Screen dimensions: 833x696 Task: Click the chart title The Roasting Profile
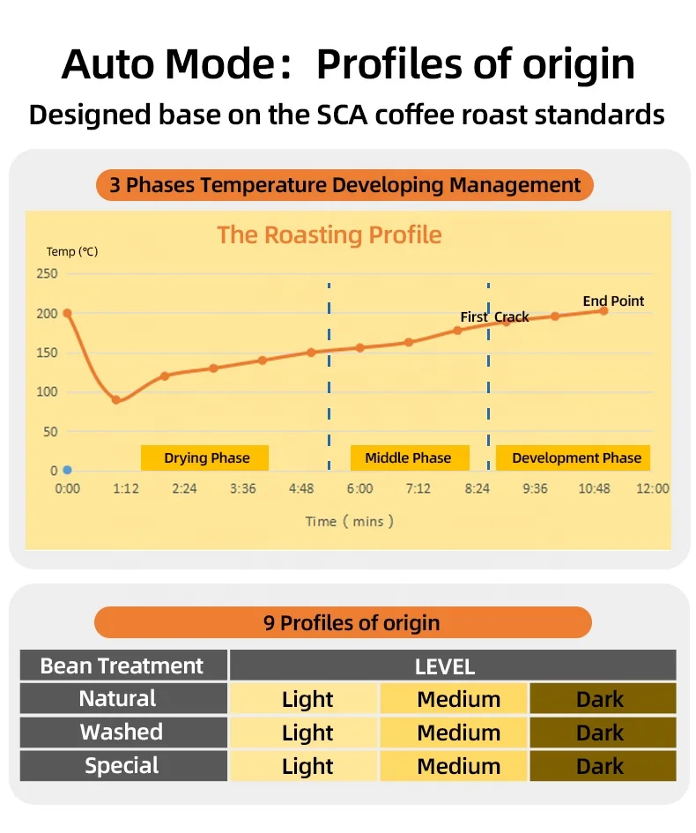329,234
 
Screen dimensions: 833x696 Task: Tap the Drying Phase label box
205,457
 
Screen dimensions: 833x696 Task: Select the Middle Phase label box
407,457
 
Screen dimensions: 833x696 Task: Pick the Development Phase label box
575,457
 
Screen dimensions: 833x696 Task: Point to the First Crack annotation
494,316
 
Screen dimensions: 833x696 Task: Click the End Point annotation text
613,301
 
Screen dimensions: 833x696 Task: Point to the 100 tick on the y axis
48,391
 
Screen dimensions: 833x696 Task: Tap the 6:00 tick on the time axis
359,488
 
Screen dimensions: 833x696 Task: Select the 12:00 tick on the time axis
652,488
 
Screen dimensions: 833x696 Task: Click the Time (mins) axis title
349,521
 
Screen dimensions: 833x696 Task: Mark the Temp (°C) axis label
72,252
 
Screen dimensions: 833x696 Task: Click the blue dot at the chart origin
67,470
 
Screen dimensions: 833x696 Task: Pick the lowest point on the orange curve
116,400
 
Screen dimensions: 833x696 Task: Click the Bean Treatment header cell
122,666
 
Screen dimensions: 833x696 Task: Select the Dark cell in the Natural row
602,699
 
